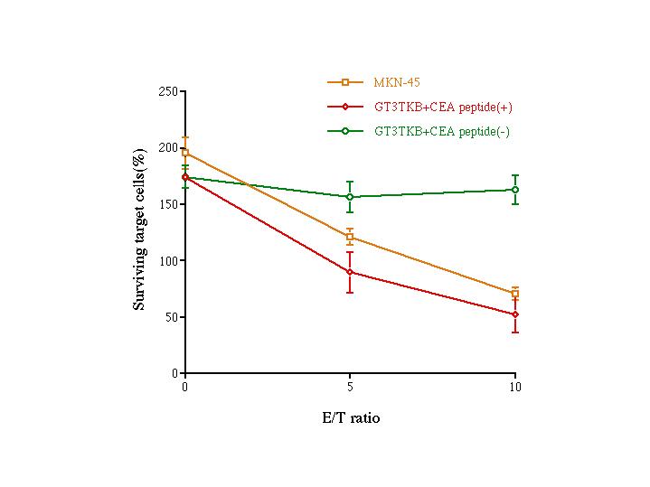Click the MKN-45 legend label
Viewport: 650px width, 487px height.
395,82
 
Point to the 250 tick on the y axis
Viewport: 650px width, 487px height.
168,91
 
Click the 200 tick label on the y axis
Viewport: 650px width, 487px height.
168,147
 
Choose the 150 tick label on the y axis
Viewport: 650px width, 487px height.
168,204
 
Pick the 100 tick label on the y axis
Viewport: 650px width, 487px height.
168,260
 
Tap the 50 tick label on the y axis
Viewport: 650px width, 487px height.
171,317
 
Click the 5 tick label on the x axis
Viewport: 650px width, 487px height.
350,387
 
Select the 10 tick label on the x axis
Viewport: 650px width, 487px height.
515,387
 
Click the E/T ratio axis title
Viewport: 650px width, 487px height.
350,418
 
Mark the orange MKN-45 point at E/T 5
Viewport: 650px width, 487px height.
350,238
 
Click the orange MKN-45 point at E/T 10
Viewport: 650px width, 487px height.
515,294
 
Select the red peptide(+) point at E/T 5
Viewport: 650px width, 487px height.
350,272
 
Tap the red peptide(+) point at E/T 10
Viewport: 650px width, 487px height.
515,314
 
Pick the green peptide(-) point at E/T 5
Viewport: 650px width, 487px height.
350,197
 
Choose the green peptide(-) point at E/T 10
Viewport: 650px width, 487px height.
515,190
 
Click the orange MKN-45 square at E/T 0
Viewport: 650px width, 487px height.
185,153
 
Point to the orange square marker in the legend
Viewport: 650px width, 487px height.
345,82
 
